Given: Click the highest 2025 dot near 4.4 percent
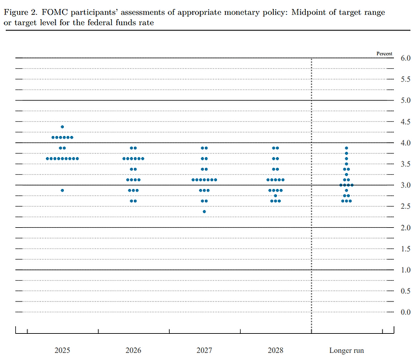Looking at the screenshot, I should pos(62,127).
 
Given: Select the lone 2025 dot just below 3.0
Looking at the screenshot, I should pos(62,190).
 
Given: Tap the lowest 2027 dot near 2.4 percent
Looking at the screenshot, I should pos(204,211).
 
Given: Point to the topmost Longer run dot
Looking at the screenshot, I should pos(347,148).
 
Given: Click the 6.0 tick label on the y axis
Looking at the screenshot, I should pos(405,58).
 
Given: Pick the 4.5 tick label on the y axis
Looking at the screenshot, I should pos(405,121).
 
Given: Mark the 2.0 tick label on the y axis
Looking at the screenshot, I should pos(405,227).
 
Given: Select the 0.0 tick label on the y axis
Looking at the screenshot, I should pos(405,311).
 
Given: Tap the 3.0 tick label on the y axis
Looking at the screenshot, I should pos(405,185).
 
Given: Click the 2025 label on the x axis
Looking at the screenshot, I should pos(62,350).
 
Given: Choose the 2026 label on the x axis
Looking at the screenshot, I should pos(133,350).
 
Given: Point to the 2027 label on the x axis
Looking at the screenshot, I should pos(204,350).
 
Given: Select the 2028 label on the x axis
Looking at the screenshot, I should pos(275,350).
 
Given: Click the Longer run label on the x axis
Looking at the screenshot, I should pos(346,350).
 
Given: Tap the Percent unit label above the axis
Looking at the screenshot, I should pos(384,54).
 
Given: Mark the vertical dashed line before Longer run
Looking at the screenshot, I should pos(311,191).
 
